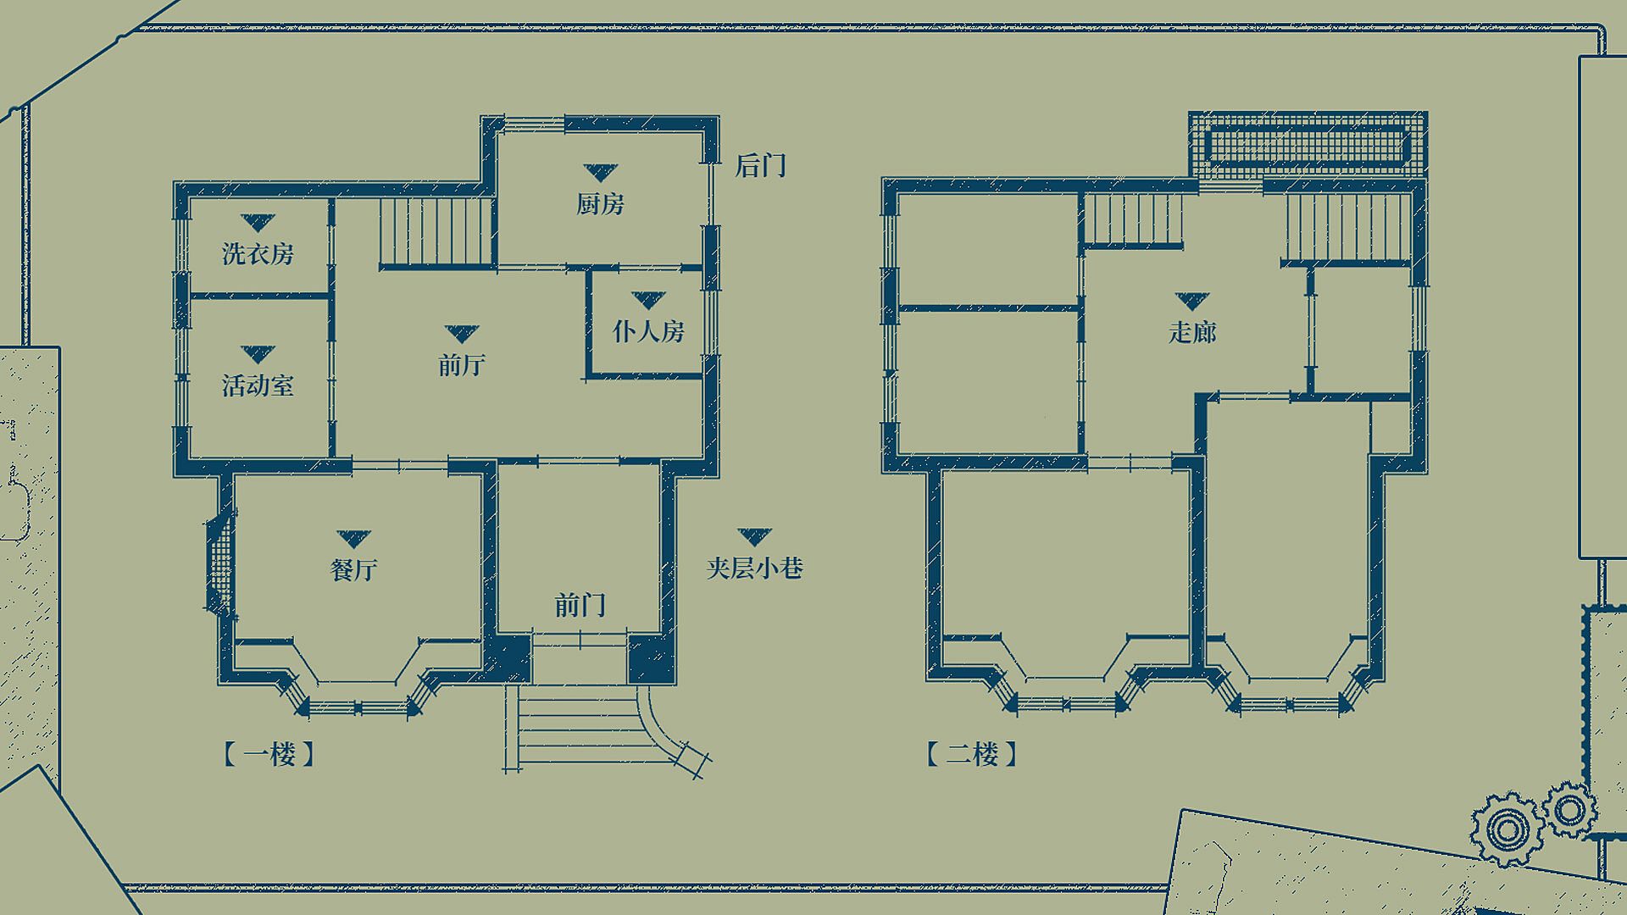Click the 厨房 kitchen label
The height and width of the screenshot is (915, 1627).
(x=600, y=204)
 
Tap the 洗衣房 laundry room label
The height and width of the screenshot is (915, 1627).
(x=258, y=253)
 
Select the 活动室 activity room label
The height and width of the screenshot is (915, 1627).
(x=258, y=385)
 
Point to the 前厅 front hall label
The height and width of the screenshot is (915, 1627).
(x=462, y=364)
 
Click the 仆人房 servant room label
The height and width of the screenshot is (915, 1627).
(x=648, y=330)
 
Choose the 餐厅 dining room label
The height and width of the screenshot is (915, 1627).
(x=353, y=569)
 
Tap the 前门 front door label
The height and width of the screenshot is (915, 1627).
(x=580, y=605)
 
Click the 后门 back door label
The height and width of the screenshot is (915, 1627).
(x=761, y=165)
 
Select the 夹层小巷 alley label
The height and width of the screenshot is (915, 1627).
(x=754, y=567)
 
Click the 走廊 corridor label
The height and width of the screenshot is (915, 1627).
(x=1192, y=331)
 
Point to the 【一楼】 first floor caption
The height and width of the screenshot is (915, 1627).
(x=269, y=753)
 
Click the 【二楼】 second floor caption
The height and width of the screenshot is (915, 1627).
(x=971, y=753)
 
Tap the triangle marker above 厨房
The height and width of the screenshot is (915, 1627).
(x=600, y=173)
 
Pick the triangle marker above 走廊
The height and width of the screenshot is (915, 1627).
(x=1192, y=301)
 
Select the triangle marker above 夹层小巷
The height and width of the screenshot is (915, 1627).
(x=754, y=536)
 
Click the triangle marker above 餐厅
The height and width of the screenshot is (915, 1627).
(x=353, y=539)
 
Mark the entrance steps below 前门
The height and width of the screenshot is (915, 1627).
(x=577, y=729)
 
